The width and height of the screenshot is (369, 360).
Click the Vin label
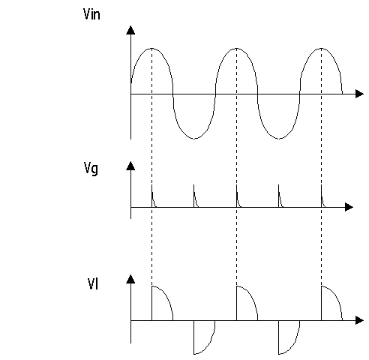91,14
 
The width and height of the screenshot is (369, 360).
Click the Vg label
91,169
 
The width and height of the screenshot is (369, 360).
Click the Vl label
93,283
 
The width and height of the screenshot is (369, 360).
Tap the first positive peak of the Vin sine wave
151,48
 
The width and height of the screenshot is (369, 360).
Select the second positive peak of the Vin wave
236,48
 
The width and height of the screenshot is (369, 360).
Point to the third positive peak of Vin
321,48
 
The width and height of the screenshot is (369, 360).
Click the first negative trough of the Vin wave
194,138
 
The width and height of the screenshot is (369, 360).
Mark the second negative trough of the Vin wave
279,138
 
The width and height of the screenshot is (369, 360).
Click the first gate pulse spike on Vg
152,196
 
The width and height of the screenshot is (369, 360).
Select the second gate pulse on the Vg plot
194,196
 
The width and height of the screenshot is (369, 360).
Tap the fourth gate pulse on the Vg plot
279,196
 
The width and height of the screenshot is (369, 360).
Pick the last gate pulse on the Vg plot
322,196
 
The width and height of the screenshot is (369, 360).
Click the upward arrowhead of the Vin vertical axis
130,30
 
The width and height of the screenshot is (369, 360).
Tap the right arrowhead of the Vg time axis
349,207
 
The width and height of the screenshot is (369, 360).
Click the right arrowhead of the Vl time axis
359,320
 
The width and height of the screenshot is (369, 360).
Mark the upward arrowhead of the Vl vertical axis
130,279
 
